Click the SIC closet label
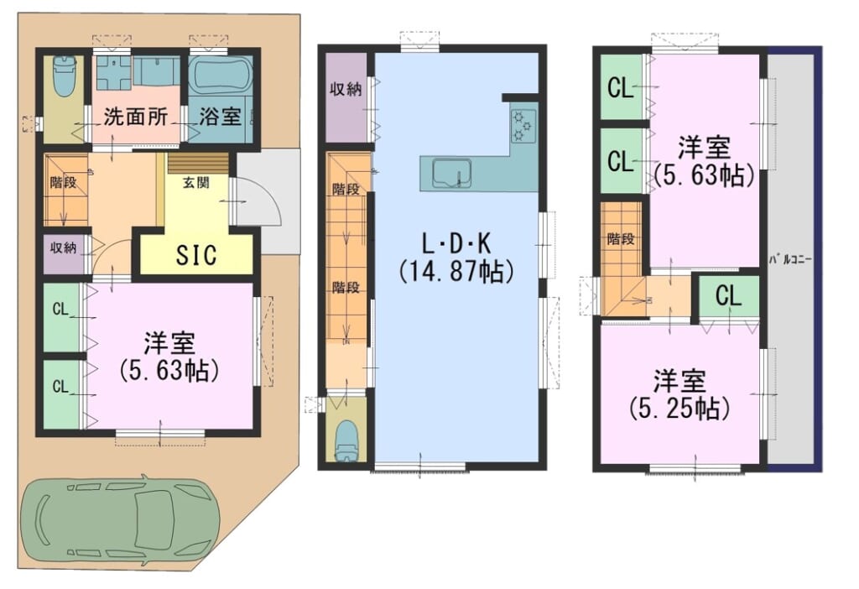tap(196, 254)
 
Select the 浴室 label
tap(220, 116)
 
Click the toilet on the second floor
tap(346, 441)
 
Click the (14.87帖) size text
tap(456, 271)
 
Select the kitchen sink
tap(452, 173)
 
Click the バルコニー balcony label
tap(790, 259)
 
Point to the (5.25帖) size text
tap(679, 409)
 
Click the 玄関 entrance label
tap(195, 183)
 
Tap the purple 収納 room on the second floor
tap(346, 97)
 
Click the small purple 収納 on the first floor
tap(64, 253)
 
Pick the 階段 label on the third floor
tap(621, 239)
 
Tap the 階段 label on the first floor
tap(63, 182)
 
